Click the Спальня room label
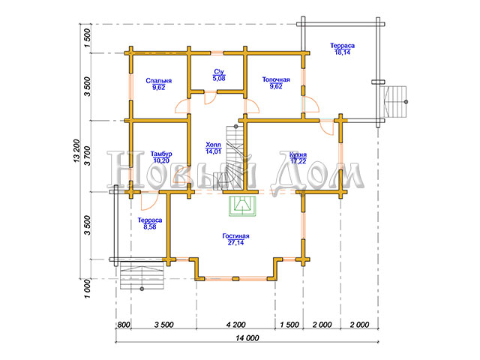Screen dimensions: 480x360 pos(158,81)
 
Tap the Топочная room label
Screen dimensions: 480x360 pos(276,79)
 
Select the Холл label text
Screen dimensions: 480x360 pos(213,145)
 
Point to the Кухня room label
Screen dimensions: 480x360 pos(298,154)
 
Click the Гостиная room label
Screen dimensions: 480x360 pos(235,236)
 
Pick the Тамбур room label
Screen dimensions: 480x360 pos(161,154)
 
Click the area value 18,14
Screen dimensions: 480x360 pos(342,52)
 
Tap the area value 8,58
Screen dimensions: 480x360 pos(150,226)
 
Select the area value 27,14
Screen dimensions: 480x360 pos(235,243)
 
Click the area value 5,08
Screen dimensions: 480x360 pos(219,78)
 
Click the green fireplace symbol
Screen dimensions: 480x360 pos(242,206)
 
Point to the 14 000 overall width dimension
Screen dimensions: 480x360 pos(247,338)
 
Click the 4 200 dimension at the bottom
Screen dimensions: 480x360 pos(235,325)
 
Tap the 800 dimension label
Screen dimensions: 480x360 pos(124,325)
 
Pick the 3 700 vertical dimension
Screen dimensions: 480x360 pos(88,156)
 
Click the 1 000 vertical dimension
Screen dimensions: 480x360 pos(88,288)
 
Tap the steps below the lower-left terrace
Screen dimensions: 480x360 pos(142,276)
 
